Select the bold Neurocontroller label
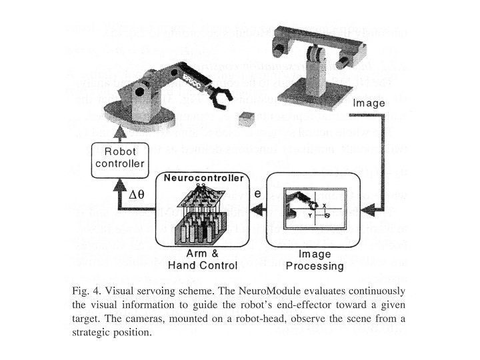click(204, 179)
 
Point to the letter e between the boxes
click(257, 194)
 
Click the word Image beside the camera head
click(369, 103)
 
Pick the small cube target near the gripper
click(248, 117)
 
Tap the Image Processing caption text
click(315, 260)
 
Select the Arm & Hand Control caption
click(203, 260)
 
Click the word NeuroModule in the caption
click(271, 291)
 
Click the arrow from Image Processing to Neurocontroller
click(255, 209)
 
